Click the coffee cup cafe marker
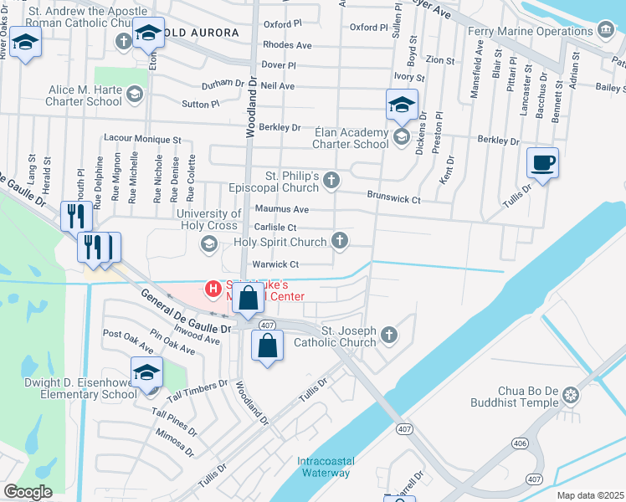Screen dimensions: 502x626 pos(542,162)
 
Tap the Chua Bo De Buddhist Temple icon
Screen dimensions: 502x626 pos(572,394)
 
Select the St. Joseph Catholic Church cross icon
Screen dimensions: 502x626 pos(388,336)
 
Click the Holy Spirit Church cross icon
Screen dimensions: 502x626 pos(339,242)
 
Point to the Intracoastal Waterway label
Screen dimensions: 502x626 pos(324,467)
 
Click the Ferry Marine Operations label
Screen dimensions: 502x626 pos(544,31)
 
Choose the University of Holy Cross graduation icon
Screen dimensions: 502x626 pos(208,243)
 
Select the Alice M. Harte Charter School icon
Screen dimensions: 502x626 pos(134,96)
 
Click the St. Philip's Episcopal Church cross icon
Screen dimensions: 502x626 pos(332,180)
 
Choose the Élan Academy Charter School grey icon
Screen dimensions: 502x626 pos(401,136)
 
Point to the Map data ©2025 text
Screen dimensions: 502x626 pos(590,495)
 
